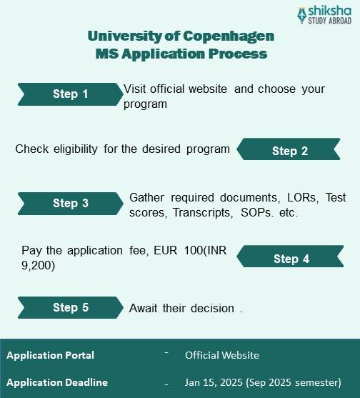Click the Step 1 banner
70,94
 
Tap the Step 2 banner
289,150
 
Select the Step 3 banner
70,203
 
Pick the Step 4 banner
291,258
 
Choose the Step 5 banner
70,307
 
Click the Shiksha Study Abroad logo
325,15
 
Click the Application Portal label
50,355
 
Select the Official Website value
221,355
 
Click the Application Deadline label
56,382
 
